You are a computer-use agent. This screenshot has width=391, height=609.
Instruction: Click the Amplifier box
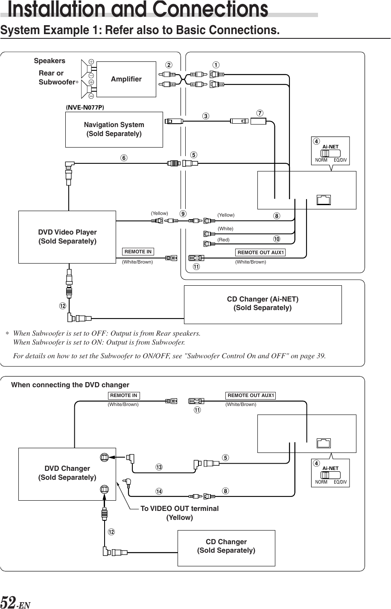(126, 79)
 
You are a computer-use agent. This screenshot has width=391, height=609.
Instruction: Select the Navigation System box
(114, 129)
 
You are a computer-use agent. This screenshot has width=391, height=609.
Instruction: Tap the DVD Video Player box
(67, 237)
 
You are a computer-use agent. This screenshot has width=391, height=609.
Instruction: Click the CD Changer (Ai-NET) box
(263, 304)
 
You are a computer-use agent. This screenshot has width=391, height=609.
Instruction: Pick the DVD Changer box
(67, 473)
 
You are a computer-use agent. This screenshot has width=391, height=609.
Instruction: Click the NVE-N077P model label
(85, 107)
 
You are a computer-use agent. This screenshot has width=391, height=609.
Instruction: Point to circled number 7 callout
(260, 113)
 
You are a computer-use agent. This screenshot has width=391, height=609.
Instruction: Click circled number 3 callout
(206, 116)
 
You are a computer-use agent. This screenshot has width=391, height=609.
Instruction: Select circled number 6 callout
(123, 158)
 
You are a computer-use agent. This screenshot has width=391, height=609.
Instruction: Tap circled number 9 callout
(183, 213)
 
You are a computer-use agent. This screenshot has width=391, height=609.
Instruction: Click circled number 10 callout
(277, 238)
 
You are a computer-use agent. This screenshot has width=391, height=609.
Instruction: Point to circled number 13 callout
(159, 467)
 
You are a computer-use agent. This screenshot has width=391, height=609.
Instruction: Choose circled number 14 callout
(159, 491)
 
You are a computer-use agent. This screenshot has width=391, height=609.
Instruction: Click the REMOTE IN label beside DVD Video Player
(138, 252)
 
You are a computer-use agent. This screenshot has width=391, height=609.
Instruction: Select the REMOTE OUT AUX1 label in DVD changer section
(251, 395)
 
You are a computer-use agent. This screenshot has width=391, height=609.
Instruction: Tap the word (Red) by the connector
(224, 240)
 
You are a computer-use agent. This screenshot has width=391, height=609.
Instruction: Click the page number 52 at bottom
(9, 602)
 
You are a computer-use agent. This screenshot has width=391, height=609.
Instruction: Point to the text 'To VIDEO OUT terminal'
(179, 508)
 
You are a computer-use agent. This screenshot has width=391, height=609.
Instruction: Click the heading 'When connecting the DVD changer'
(70, 385)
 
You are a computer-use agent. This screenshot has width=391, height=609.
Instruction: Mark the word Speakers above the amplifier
(50, 61)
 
